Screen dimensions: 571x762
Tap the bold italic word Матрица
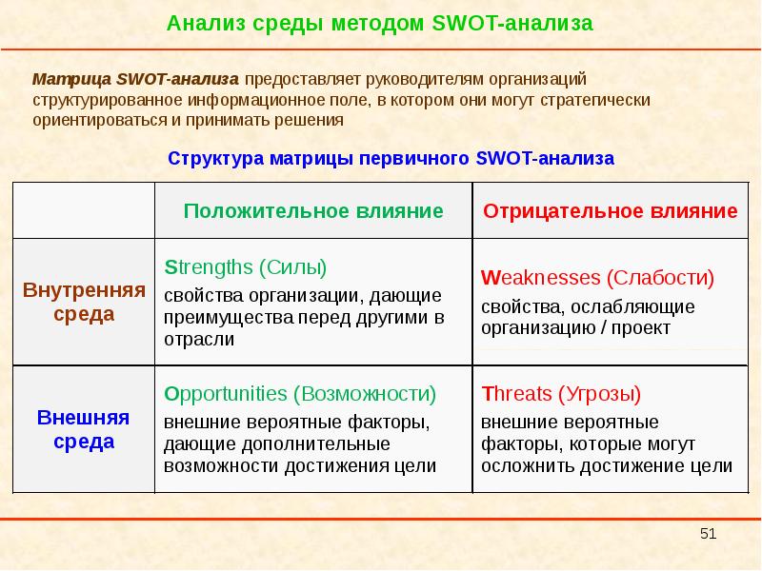[x=71, y=79]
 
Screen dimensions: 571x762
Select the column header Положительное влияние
[x=313, y=210]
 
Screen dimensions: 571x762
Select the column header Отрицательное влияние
[x=611, y=210]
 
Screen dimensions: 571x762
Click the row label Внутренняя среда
[x=84, y=302]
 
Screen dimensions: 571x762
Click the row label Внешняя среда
[x=84, y=429]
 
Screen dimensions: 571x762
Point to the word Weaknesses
[x=541, y=279]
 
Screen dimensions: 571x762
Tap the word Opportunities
[x=226, y=393]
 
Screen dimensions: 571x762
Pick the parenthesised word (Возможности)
[x=365, y=393]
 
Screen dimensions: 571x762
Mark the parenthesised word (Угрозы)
[x=599, y=393]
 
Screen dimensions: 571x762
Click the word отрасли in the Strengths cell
[x=199, y=338]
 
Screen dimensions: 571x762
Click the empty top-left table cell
[x=84, y=210]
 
